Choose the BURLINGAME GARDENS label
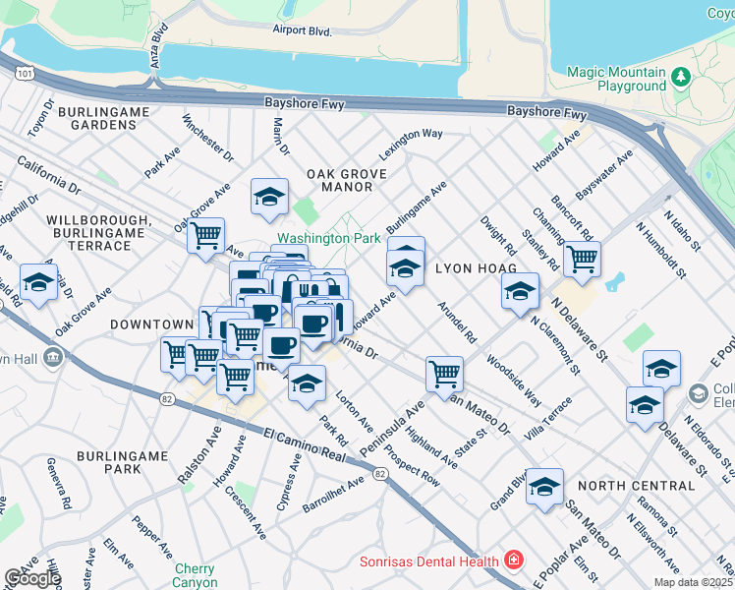click(110, 118)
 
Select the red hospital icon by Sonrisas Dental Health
click(512, 560)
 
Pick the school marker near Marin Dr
click(269, 197)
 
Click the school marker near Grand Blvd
click(544, 487)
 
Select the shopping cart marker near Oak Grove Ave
click(205, 236)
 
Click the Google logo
click(31, 578)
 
